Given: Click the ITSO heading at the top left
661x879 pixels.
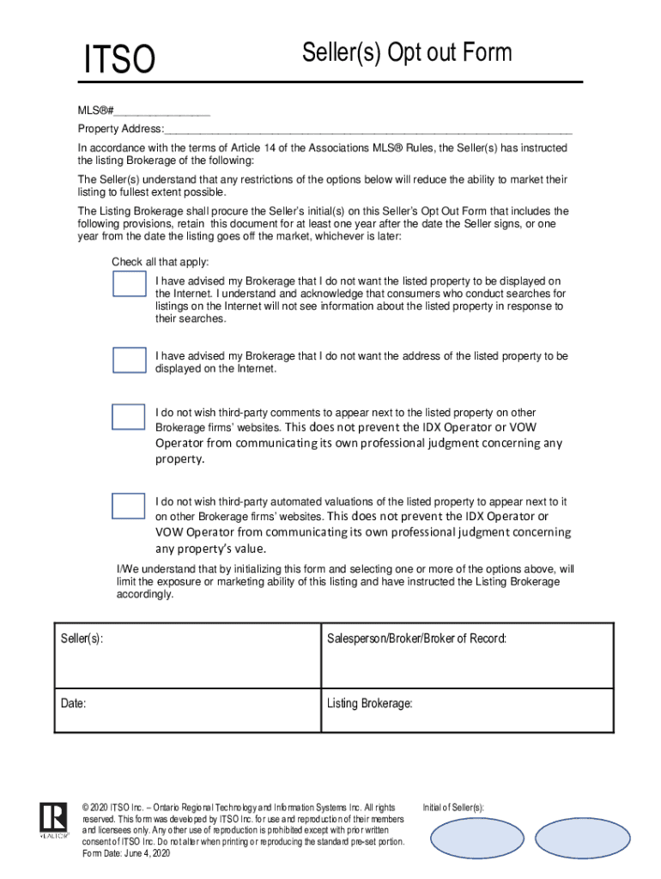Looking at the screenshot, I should (x=119, y=61).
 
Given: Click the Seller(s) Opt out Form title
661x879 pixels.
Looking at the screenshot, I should (x=406, y=53).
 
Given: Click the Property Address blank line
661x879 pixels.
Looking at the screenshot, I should (x=368, y=130).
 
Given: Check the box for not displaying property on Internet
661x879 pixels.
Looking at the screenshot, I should (x=129, y=284).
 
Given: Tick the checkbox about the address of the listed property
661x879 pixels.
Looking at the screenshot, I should (x=129, y=360).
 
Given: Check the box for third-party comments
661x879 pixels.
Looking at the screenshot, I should (x=129, y=416).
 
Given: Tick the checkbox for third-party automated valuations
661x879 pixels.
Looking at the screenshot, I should (x=129, y=506).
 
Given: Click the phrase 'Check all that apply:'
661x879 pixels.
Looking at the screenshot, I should (x=160, y=262).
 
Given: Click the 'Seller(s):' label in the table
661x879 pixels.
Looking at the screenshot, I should (x=82, y=640).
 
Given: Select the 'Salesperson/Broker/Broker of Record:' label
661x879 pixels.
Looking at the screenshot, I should (x=416, y=640).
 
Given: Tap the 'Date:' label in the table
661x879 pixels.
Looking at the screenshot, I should (x=73, y=704).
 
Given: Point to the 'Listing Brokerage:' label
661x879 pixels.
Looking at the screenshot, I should (x=370, y=704).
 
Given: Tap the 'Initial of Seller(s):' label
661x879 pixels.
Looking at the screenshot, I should (x=453, y=808).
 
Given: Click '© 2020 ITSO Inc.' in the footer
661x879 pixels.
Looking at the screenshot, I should (x=112, y=808).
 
